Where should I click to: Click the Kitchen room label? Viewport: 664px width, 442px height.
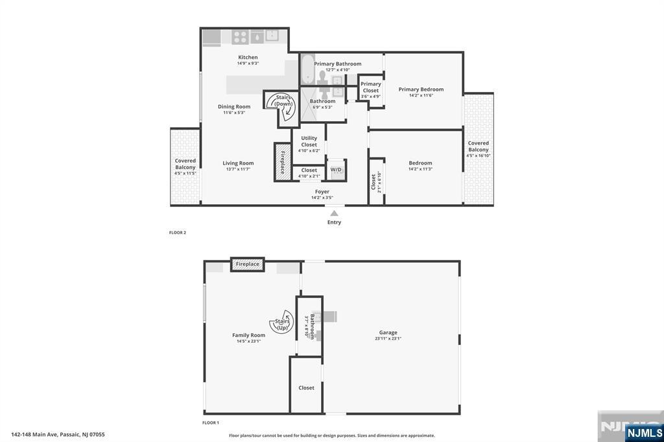tap(248, 58)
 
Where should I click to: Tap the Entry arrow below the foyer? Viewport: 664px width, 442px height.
tap(335, 213)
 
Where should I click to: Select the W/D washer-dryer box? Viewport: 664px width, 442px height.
tap(336, 170)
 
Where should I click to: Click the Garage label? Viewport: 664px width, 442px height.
tap(388, 332)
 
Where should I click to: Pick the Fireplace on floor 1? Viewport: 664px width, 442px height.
tap(247, 264)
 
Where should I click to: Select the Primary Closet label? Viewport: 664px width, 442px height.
tap(371, 87)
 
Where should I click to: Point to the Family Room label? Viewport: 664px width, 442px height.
tap(249, 335)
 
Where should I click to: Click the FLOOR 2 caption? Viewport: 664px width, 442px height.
tap(177, 232)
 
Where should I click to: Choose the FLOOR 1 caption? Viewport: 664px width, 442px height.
tap(210, 423)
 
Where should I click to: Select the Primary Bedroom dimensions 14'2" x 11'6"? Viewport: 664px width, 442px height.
tap(421, 96)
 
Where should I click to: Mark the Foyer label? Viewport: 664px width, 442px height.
tap(322, 192)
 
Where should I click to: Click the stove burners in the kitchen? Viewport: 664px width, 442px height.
tap(240, 36)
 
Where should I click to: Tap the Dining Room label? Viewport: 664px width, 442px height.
tap(234, 107)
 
